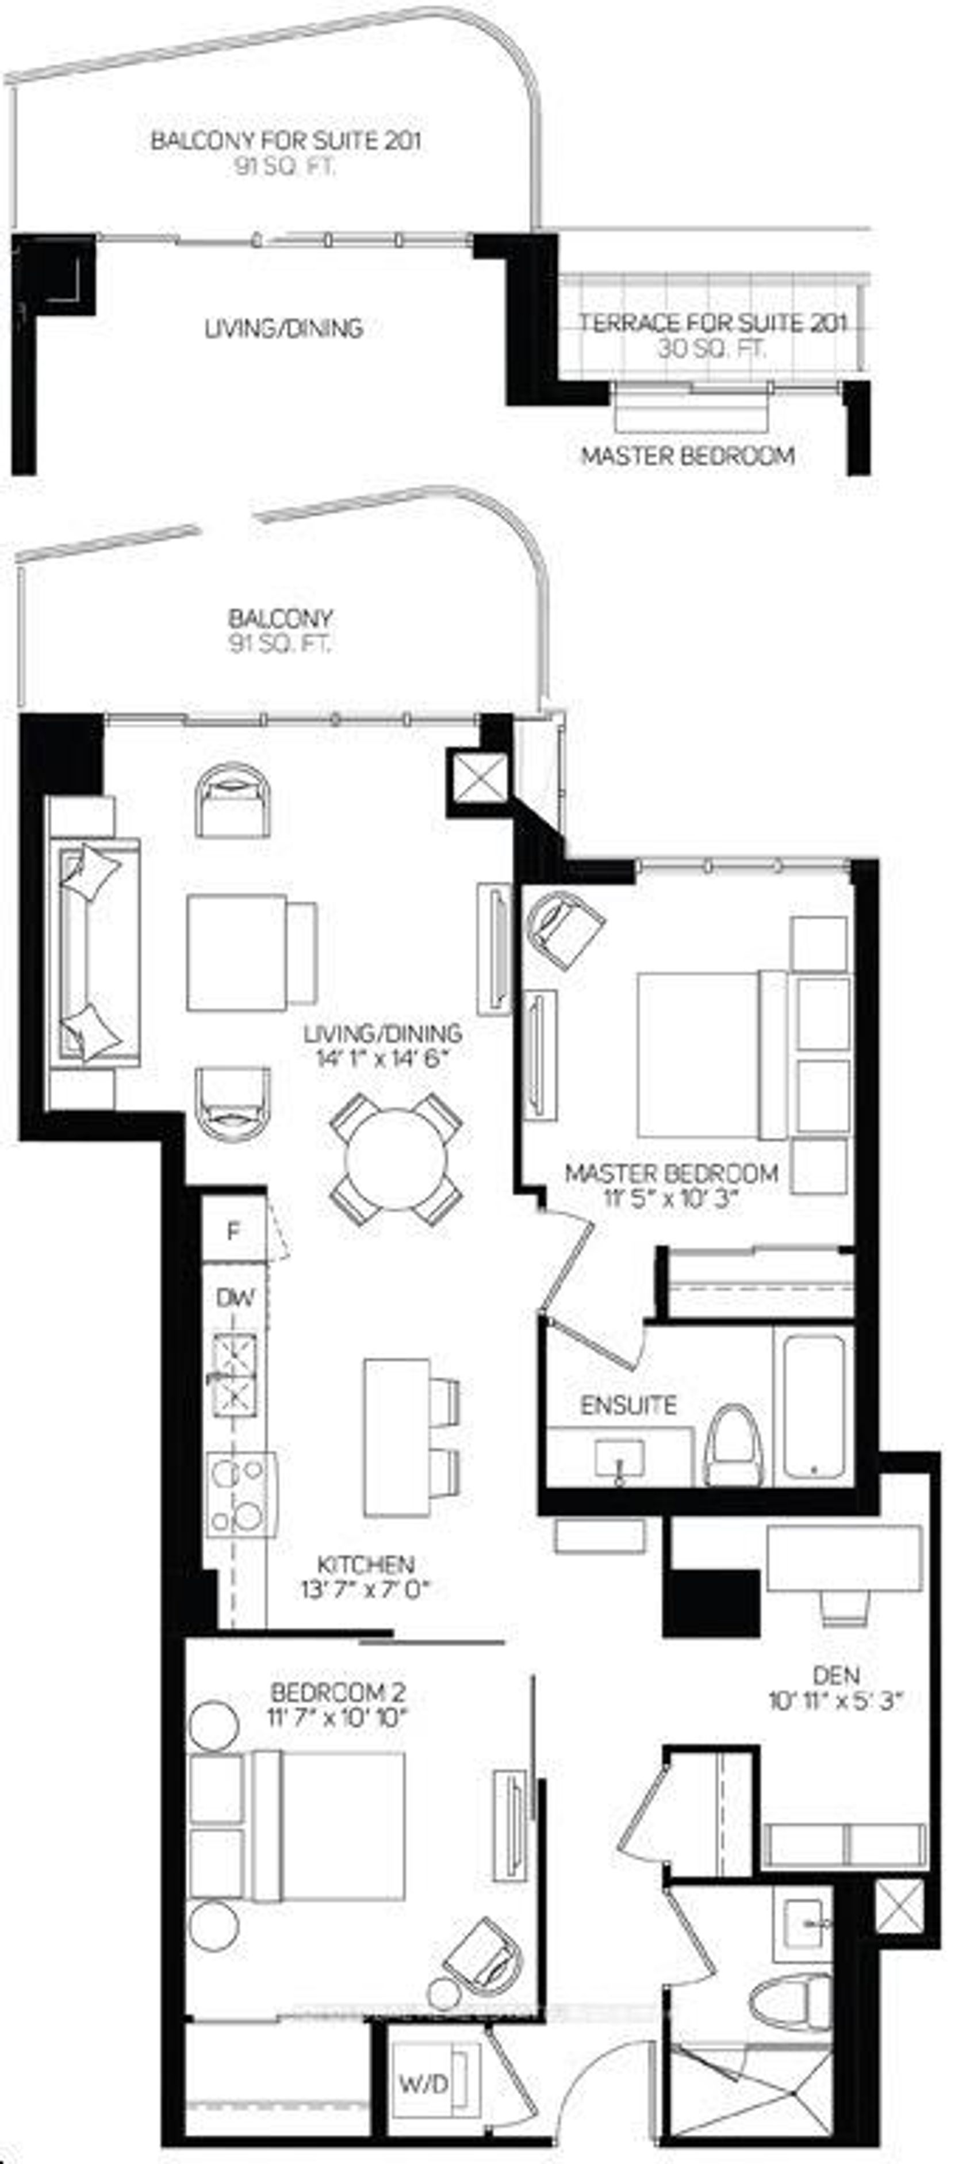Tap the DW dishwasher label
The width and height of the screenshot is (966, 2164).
point(235,1298)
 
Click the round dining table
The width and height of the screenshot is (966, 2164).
point(396,1159)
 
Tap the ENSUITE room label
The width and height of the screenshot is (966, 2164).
point(628,1405)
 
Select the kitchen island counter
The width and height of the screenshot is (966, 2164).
point(397,1437)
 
